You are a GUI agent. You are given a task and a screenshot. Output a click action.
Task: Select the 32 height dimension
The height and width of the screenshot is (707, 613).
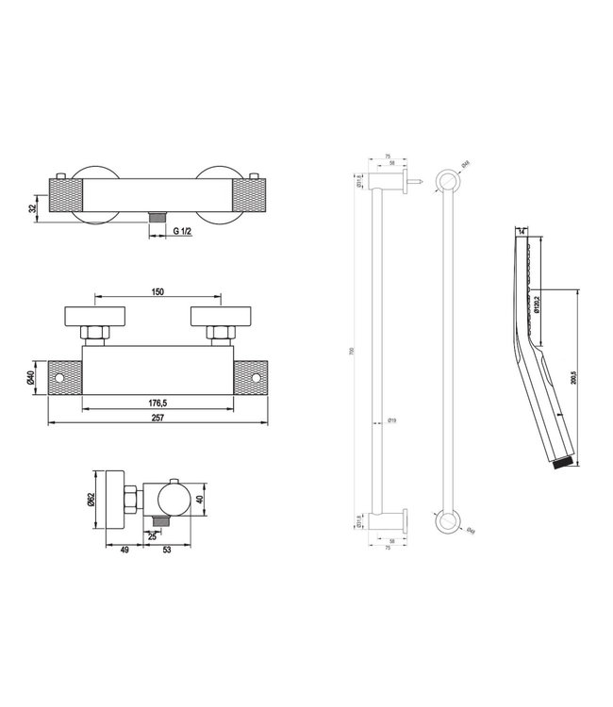tap(34, 206)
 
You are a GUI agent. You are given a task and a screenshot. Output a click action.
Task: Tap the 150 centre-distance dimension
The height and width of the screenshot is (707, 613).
tap(158, 293)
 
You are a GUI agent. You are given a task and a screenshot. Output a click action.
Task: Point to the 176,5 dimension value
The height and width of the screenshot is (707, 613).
tap(158, 403)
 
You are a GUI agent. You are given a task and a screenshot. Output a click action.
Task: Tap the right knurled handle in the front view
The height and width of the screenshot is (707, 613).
tap(249, 377)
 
